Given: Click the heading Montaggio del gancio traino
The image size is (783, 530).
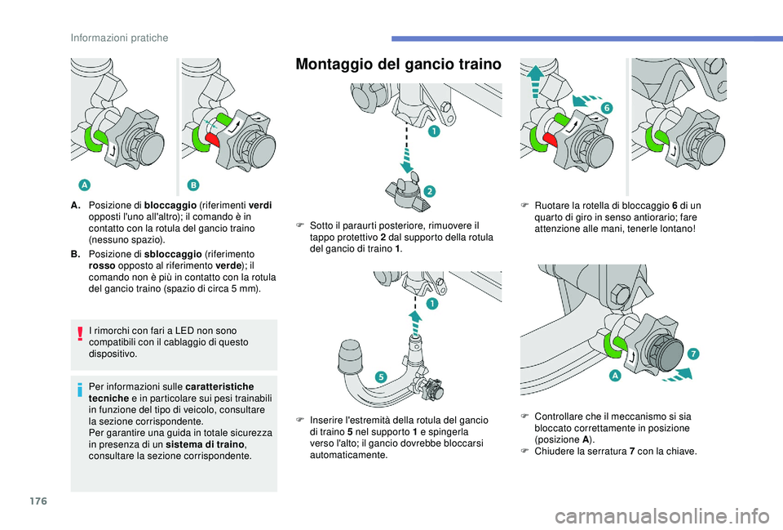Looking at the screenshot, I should pos(398,65).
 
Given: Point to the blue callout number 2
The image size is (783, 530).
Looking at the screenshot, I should pos(429,190).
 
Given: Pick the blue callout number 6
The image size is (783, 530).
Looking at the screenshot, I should pos(607,108).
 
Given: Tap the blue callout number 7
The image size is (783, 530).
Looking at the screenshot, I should pos(692,353).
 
